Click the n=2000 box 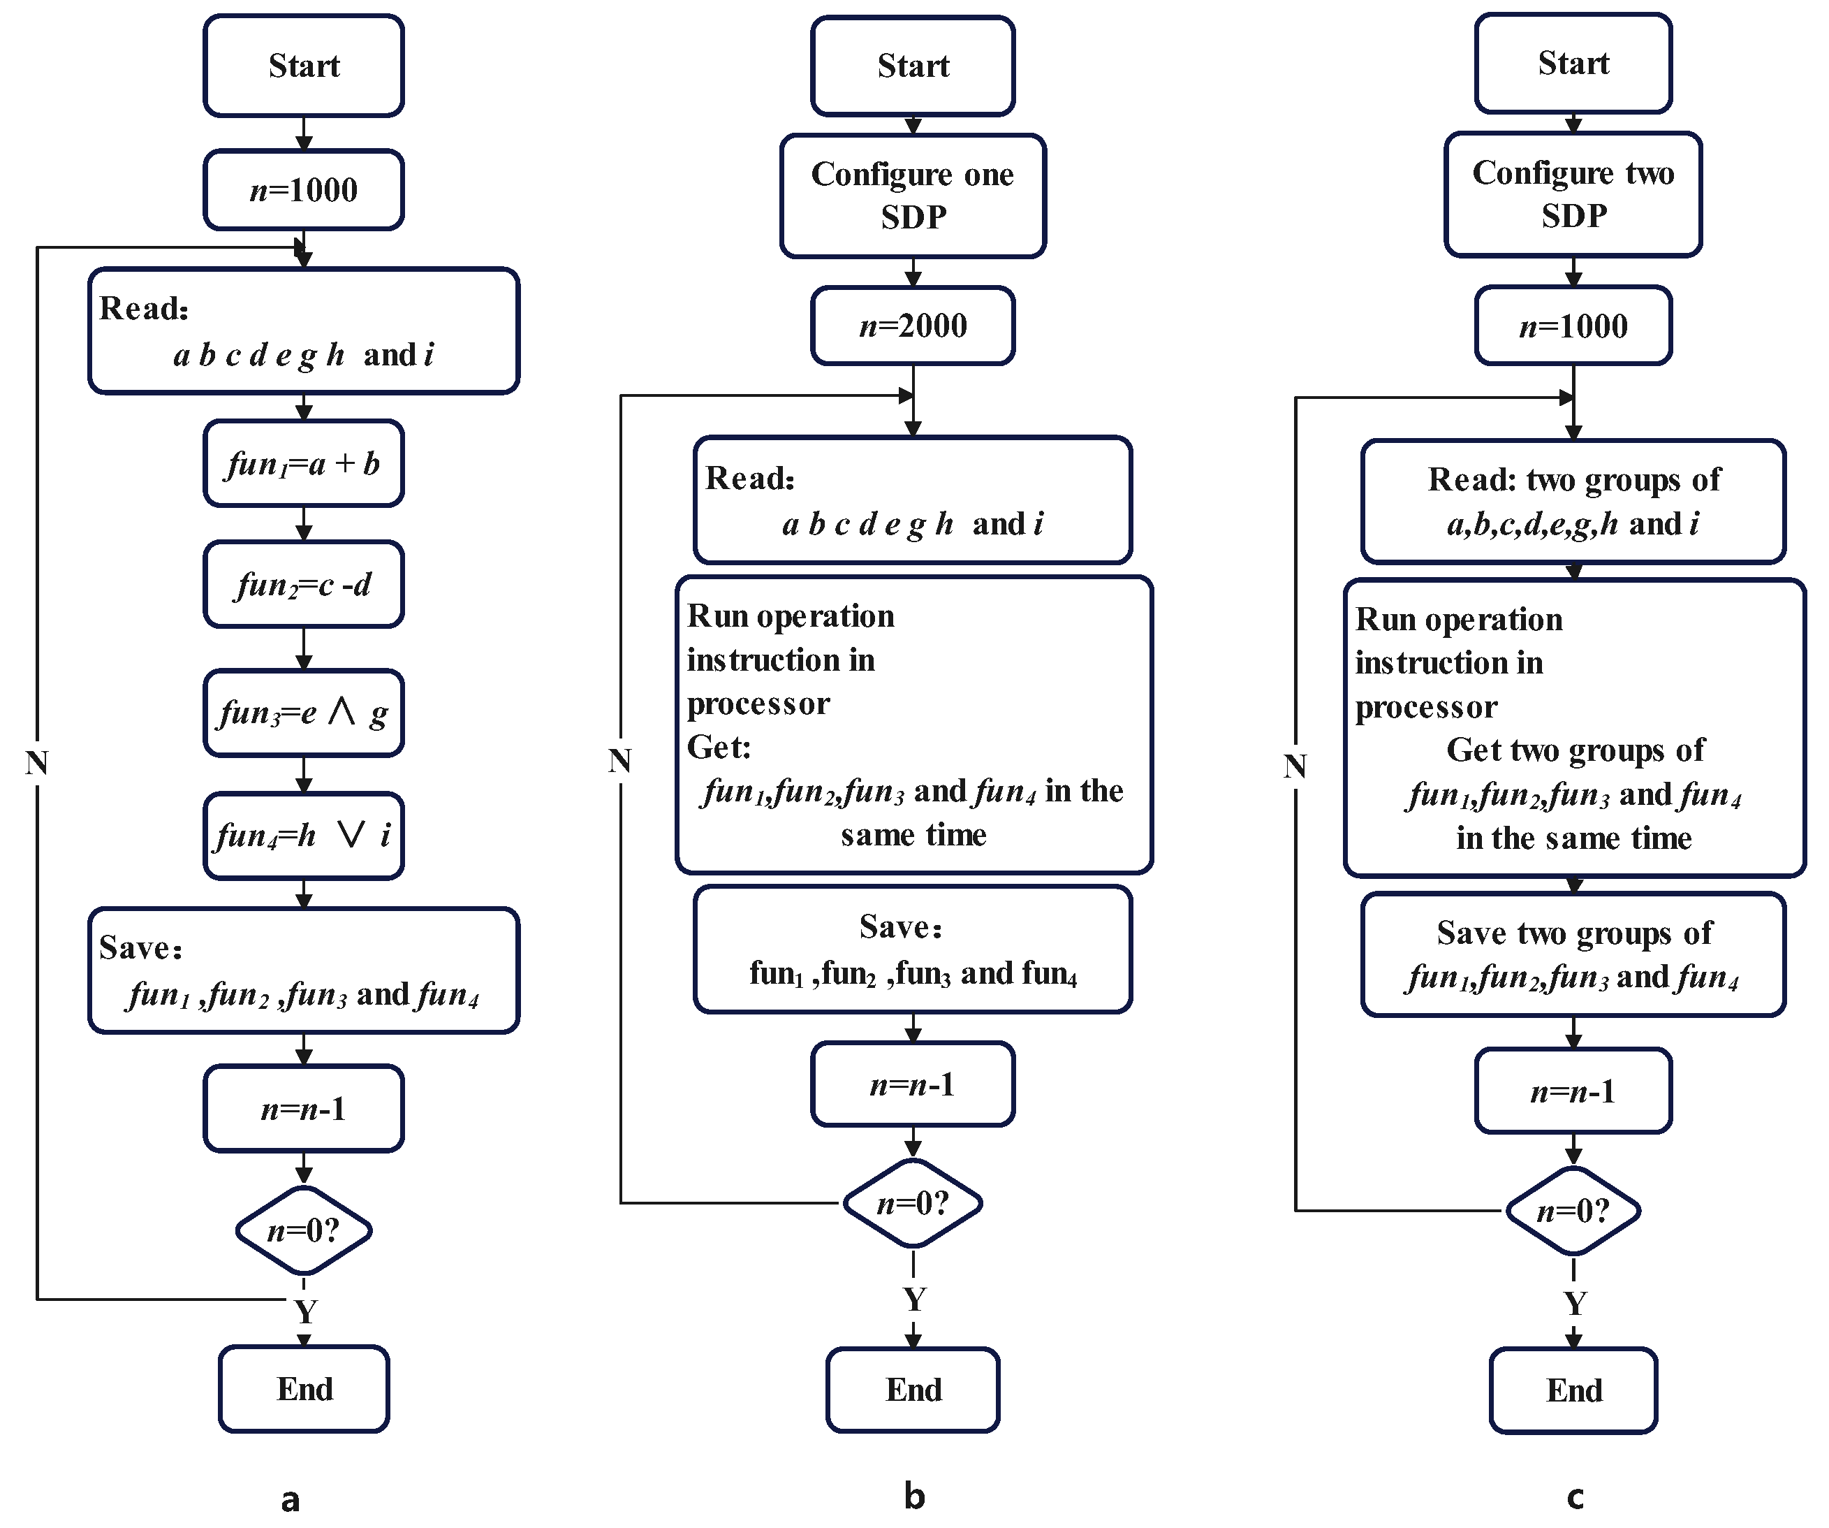pyautogui.click(x=912, y=326)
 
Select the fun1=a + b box pyautogui.click(x=303, y=463)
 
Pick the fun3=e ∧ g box pyautogui.click(x=303, y=713)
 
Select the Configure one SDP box pyautogui.click(x=912, y=195)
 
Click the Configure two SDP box pyautogui.click(x=1572, y=194)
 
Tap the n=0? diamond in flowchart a pyautogui.click(x=303, y=1230)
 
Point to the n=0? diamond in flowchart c pyautogui.click(x=1573, y=1211)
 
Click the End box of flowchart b pyautogui.click(x=912, y=1390)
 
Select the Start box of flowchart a pyautogui.click(x=303, y=66)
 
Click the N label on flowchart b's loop pyautogui.click(x=619, y=762)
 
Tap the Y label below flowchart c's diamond pyautogui.click(x=1575, y=1304)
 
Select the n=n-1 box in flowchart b pyautogui.click(x=912, y=1084)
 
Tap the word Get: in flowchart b pyautogui.click(x=719, y=748)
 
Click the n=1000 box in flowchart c pyautogui.click(x=1573, y=326)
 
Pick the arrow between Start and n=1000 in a pyautogui.click(x=303, y=133)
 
